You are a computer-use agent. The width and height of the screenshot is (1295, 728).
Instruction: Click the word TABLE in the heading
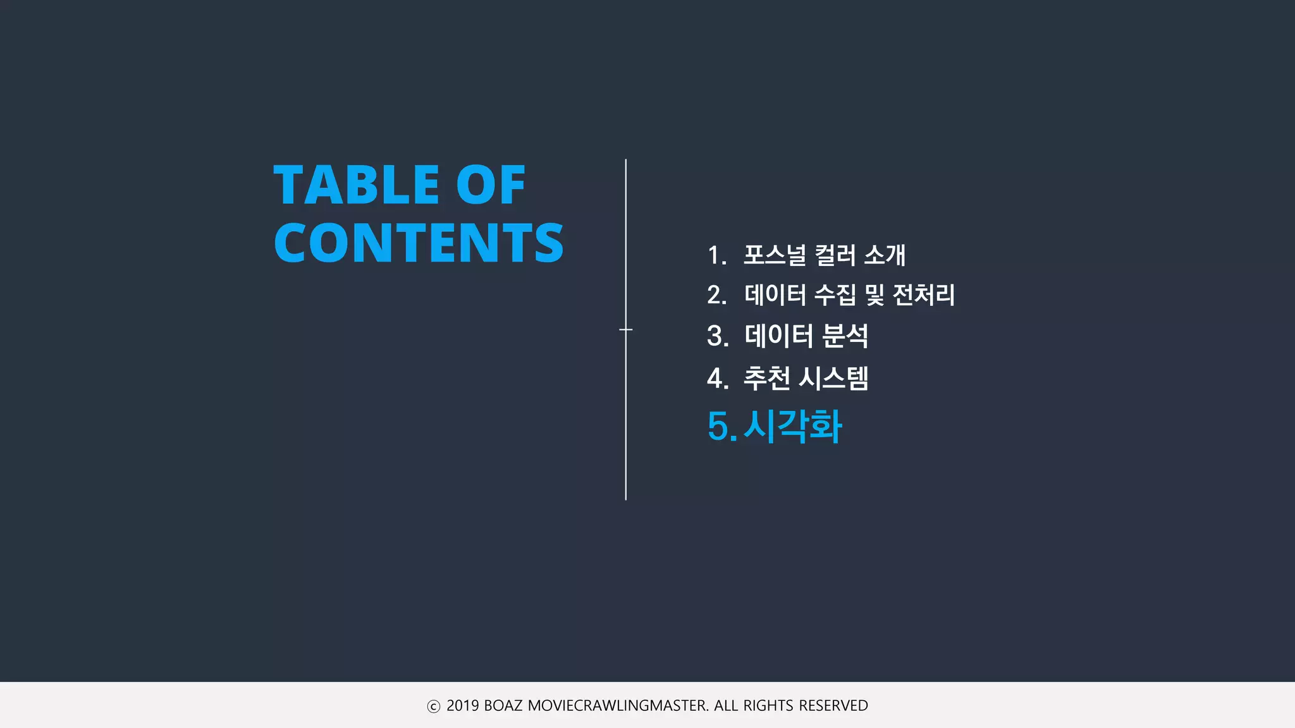pyautogui.click(x=356, y=185)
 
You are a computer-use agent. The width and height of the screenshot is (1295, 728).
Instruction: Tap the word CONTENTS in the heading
pyautogui.click(x=418, y=243)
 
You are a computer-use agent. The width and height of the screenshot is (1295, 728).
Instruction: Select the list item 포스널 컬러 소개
pyautogui.click(x=824, y=255)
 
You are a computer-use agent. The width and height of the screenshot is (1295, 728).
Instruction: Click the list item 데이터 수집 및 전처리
pyautogui.click(x=849, y=295)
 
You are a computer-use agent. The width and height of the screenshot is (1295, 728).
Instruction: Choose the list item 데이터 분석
pyautogui.click(x=806, y=336)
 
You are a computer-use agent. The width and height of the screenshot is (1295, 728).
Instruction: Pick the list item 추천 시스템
pyautogui.click(x=806, y=378)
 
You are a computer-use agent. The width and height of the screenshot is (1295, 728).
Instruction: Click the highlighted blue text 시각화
pyautogui.click(x=792, y=426)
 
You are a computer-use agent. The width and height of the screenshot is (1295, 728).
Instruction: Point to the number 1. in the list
pyautogui.click(x=717, y=256)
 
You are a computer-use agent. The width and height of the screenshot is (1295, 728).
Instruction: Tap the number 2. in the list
pyautogui.click(x=717, y=295)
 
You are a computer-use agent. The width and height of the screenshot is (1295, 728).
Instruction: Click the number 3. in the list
pyautogui.click(x=717, y=336)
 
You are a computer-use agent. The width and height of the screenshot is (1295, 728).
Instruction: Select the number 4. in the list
pyautogui.click(x=717, y=379)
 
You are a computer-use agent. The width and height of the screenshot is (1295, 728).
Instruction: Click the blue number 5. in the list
pyautogui.click(x=721, y=427)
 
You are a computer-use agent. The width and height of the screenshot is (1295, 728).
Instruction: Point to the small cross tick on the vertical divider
pyautogui.click(x=626, y=329)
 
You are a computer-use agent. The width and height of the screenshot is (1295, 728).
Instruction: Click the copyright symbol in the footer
pyautogui.click(x=433, y=707)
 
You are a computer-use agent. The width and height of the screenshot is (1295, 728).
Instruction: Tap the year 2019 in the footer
pyautogui.click(x=463, y=706)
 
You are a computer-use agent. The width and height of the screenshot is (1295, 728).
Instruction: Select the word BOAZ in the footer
pyautogui.click(x=503, y=706)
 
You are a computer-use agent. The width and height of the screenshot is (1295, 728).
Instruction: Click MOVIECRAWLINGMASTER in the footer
pyautogui.click(x=618, y=706)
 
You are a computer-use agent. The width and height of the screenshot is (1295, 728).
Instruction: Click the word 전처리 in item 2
pyautogui.click(x=923, y=295)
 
